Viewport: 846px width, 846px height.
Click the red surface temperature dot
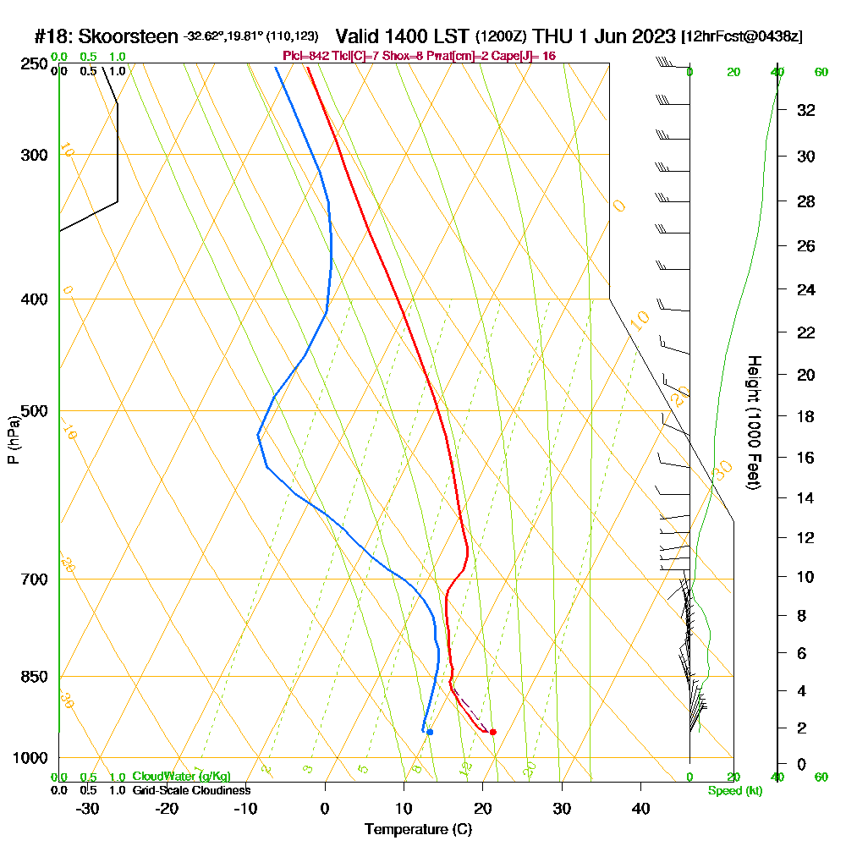(493, 732)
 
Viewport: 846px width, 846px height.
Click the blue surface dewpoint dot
(430, 732)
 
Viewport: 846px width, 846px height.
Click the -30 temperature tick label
(88, 809)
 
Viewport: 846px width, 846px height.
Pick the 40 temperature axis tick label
(641, 809)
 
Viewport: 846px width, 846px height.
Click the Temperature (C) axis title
(418, 830)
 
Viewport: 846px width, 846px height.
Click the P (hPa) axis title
(13, 439)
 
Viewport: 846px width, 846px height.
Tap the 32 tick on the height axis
(807, 110)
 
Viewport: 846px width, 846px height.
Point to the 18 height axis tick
(807, 416)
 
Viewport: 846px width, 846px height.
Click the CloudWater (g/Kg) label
(181, 777)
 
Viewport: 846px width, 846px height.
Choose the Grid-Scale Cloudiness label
(191, 790)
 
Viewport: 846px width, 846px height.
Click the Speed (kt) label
(731, 791)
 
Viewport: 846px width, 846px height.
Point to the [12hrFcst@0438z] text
(742, 37)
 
